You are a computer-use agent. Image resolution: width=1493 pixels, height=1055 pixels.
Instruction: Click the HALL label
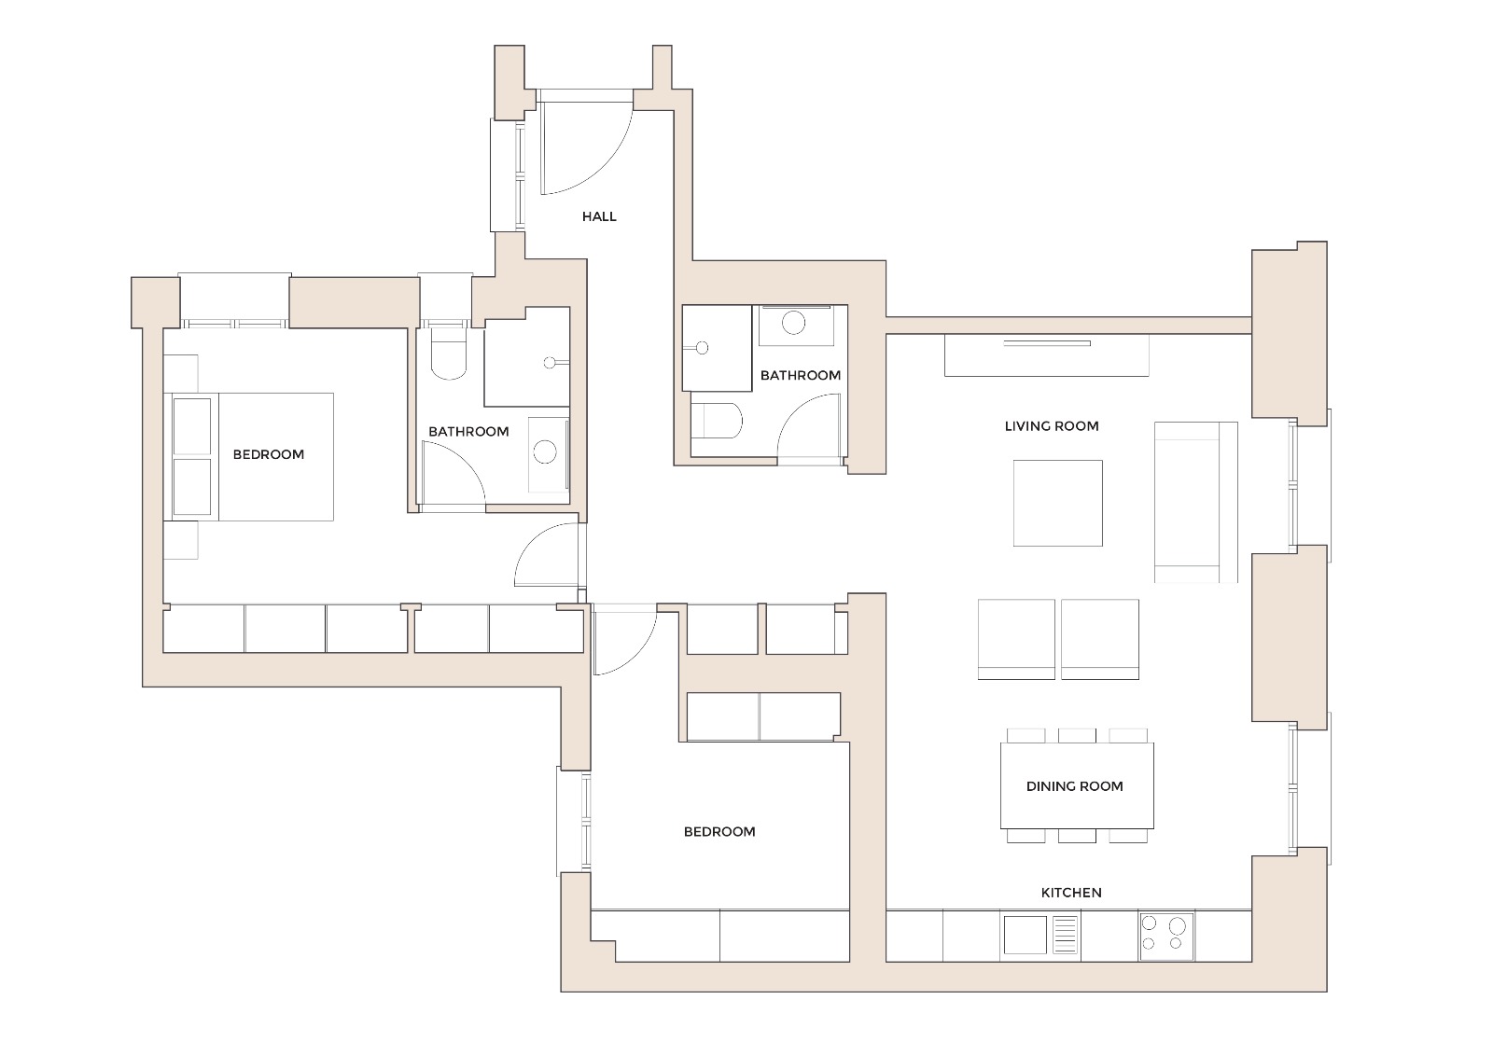tap(599, 216)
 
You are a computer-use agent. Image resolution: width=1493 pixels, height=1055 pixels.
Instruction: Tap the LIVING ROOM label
tap(1052, 426)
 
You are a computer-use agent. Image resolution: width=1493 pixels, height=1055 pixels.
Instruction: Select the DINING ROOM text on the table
tap(1074, 786)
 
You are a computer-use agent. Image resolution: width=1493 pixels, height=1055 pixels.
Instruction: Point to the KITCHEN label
tap(1071, 893)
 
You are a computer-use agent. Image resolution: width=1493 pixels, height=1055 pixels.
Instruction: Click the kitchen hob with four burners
tap(1165, 936)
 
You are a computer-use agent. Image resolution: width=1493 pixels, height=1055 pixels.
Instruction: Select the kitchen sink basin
tap(1025, 936)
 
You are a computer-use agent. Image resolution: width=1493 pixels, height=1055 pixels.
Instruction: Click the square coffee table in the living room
tap(1057, 503)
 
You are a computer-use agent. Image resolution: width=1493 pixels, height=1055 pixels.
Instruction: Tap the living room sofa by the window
tap(1195, 502)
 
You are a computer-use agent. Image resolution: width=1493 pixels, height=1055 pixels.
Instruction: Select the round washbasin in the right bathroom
tap(793, 324)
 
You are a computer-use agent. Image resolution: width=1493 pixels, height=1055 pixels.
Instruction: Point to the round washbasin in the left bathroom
tap(545, 453)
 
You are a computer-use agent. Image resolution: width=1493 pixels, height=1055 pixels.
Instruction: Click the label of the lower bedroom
tap(719, 832)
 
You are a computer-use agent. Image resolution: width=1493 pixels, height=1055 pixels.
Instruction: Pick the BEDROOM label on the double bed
tap(269, 455)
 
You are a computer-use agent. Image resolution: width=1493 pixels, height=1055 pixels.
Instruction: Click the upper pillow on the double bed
tap(192, 426)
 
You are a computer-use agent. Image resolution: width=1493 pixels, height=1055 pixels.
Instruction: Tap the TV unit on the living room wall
tap(1046, 354)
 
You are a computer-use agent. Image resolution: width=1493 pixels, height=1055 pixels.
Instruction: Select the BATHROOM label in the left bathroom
tap(468, 432)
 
